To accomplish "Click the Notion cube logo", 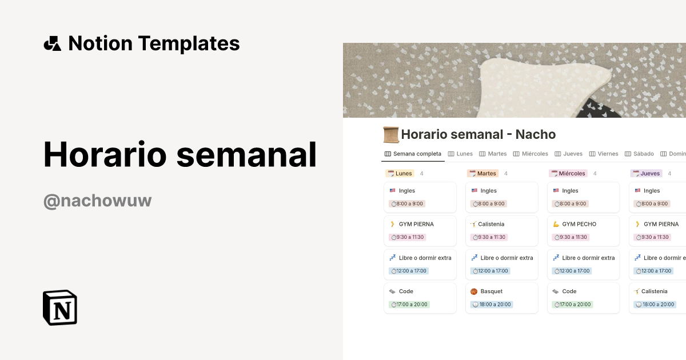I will point(60,307).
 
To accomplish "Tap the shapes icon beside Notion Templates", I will point(52,43).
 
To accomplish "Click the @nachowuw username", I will point(97,201).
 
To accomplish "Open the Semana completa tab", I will point(413,154).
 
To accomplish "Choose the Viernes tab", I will point(604,154).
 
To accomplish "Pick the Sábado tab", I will point(639,154).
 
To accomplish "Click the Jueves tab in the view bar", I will point(568,154).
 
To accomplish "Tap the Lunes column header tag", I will point(400,173).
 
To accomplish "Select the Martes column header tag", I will point(482,173).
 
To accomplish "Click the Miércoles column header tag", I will point(568,173).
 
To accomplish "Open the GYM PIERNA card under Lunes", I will point(416,224).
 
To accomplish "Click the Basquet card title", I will point(491,291).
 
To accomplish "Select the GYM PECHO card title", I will point(579,224).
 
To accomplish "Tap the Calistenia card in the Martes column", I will point(491,224).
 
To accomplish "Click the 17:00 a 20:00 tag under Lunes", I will point(409,305).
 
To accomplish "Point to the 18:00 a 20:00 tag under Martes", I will point(492,305).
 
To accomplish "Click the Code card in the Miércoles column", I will point(569,291).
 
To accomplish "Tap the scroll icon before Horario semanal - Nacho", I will point(391,135).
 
